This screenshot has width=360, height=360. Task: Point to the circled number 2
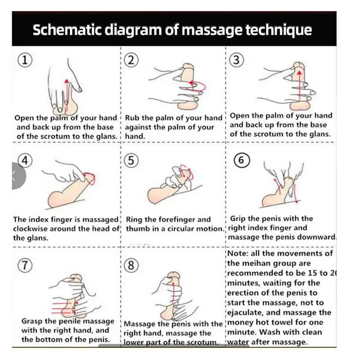pyautogui.click(x=131, y=60)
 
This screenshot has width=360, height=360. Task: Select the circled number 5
pyautogui.click(x=131, y=161)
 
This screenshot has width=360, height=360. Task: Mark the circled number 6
pyautogui.click(x=242, y=161)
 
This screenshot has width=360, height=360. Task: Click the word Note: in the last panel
pyautogui.click(x=239, y=253)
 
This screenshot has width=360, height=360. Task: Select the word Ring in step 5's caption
pyautogui.click(x=135, y=220)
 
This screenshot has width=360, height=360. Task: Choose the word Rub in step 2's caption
pyautogui.click(x=132, y=118)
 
